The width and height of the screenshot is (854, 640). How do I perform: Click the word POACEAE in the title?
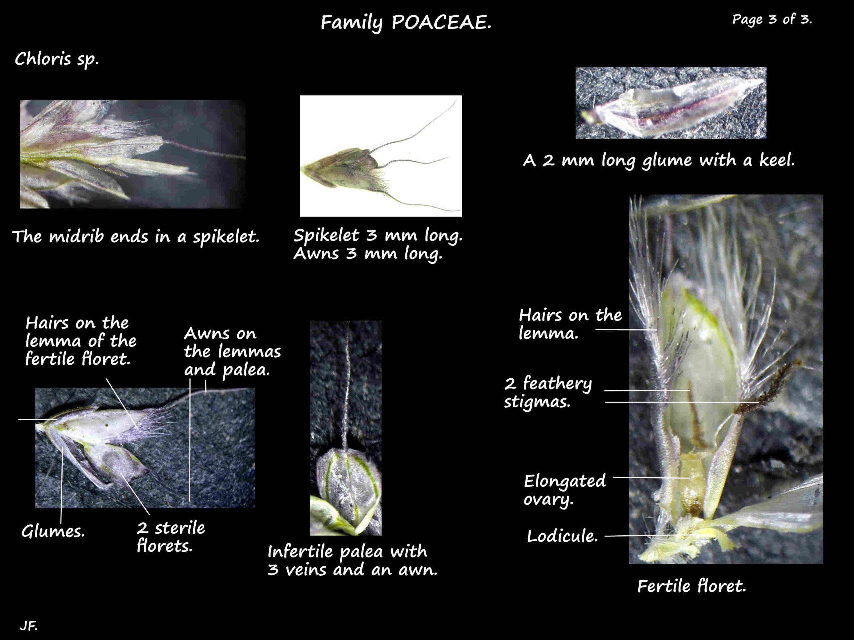click(441, 22)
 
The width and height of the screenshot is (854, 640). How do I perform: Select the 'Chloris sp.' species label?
click(57, 59)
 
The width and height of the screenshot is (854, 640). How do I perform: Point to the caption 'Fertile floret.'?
click(692, 586)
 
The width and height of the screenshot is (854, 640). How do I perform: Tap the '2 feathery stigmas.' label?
click(548, 392)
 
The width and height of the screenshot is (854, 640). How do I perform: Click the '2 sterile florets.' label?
click(171, 537)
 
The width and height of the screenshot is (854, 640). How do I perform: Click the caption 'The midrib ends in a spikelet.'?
click(135, 236)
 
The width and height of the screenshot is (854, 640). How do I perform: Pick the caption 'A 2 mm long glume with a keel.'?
click(659, 160)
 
